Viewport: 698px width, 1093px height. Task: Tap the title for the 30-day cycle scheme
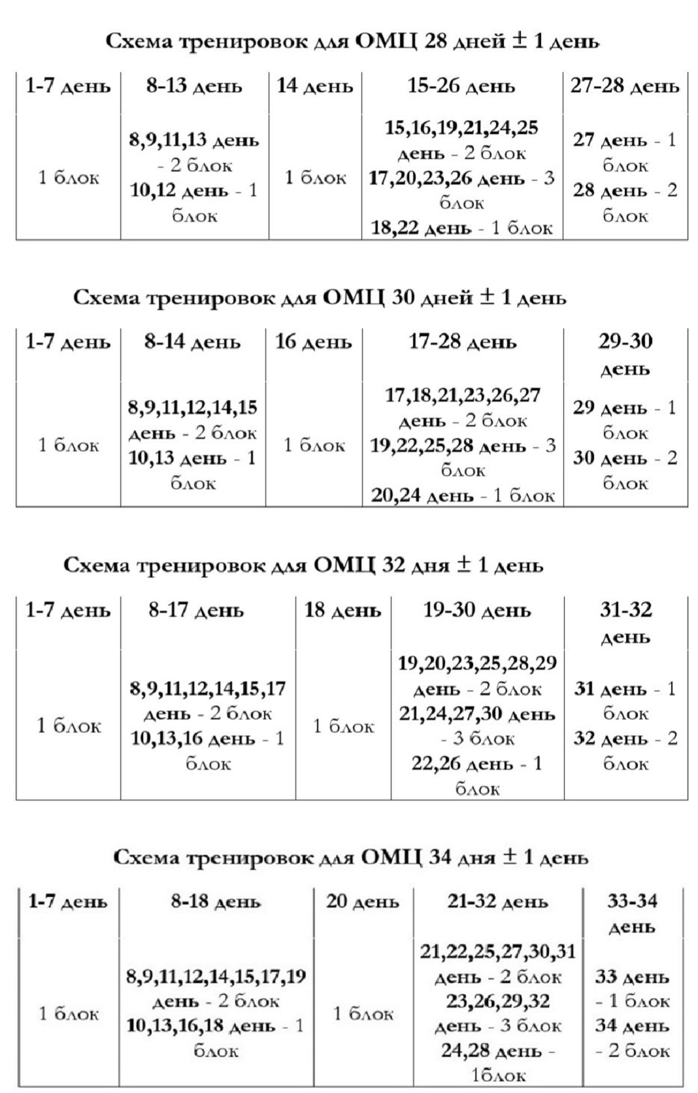coord(320,298)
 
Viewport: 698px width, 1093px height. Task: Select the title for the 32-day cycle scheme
coord(303,565)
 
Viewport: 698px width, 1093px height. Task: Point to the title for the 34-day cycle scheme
coord(351,857)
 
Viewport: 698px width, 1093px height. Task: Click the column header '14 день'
coord(315,86)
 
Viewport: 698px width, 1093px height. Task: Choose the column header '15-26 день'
coord(461,86)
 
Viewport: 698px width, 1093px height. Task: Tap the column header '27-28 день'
coord(625,86)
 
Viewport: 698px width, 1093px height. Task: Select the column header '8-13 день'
coord(194,86)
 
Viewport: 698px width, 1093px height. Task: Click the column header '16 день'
coord(314,342)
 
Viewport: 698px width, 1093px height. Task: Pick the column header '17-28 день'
coord(463,342)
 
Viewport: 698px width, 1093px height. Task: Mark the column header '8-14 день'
coord(193,342)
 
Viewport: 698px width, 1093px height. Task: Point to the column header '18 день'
coord(342,611)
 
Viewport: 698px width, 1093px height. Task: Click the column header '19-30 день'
coord(477,611)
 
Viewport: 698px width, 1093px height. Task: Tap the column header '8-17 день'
coord(196,611)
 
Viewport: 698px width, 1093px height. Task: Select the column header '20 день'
coord(363,901)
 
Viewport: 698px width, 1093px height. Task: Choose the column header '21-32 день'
coord(497,901)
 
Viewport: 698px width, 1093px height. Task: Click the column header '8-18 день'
coord(216,901)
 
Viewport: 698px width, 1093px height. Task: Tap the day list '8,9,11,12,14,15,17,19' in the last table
coord(216,977)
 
